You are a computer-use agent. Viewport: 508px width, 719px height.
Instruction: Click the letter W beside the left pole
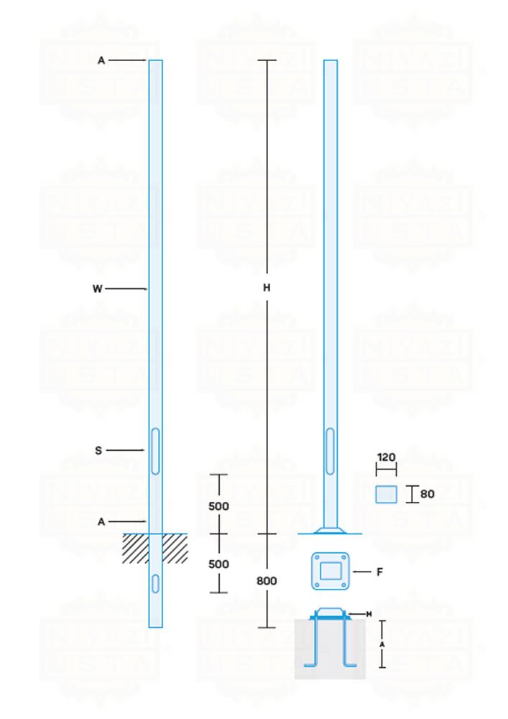pyautogui.click(x=98, y=289)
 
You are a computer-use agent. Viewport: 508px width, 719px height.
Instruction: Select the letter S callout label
pyautogui.click(x=98, y=451)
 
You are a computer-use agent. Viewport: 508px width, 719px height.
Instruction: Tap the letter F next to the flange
pyautogui.click(x=379, y=572)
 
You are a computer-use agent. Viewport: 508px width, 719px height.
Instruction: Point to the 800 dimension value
pyautogui.click(x=267, y=581)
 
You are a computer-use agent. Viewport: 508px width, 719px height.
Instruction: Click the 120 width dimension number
pyautogui.click(x=386, y=457)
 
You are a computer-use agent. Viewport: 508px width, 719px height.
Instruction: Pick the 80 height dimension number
pyautogui.click(x=427, y=495)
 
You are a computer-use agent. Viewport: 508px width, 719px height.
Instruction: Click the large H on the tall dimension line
pyautogui.click(x=267, y=288)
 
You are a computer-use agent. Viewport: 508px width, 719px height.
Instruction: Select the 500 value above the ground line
pyautogui.click(x=218, y=506)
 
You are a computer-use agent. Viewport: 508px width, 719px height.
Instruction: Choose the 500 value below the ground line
pyautogui.click(x=218, y=564)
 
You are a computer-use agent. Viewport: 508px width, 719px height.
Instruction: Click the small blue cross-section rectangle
pyautogui.click(x=386, y=495)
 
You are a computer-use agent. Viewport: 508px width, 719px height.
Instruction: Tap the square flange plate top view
pyautogui.click(x=331, y=572)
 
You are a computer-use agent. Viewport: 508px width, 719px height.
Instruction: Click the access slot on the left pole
pyautogui.click(x=155, y=451)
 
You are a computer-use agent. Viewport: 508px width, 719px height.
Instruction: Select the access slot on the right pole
pyautogui.click(x=330, y=451)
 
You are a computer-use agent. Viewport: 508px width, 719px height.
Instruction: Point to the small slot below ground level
pyautogui.click(x=155, y=582)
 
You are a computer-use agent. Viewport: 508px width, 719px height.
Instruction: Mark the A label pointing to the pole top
pyautogui.click(x=101, y=61)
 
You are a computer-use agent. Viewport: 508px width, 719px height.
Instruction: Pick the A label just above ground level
pyautogui.click(x=101, y=522)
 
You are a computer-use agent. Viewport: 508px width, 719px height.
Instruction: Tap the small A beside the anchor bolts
pyautogui.click(x=382, y=644)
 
